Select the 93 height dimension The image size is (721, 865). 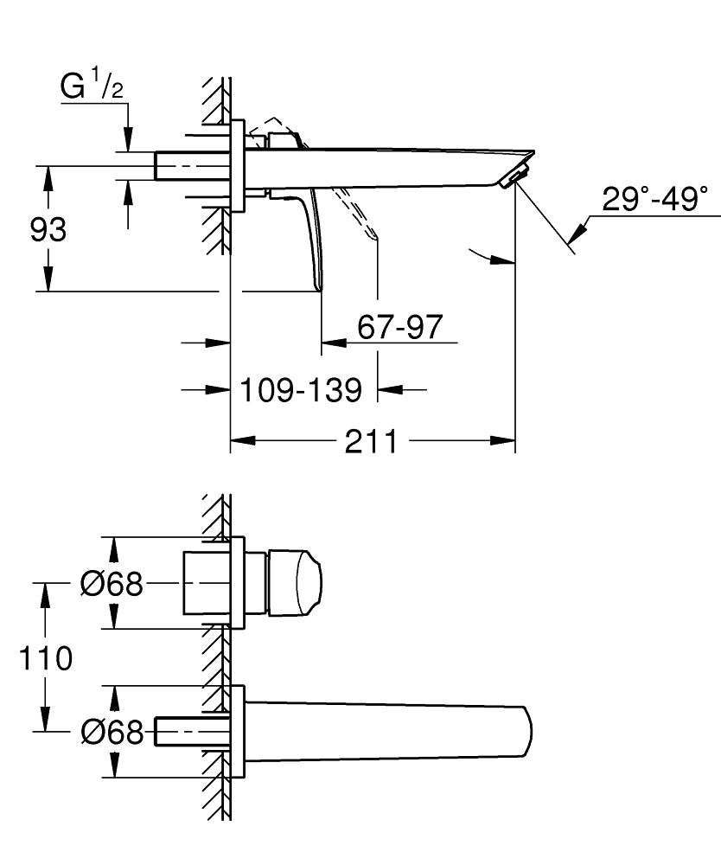[x=48, y=231]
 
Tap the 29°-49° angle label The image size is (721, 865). [x=655, y=199]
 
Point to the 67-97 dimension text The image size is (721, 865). [x=399, y=327]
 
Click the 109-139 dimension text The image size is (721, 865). [x=300, y=390]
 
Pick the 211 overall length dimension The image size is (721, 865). [x=372, y=442]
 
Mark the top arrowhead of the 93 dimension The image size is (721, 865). [x=48, y=178]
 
